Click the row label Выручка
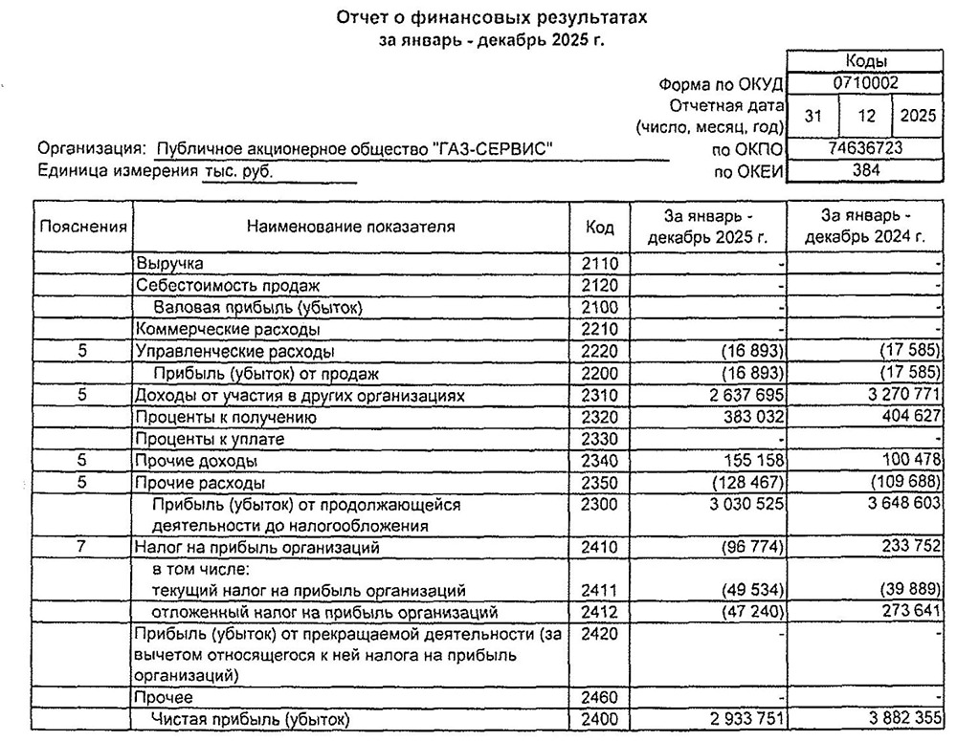pos(169,262)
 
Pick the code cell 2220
pos(600,352)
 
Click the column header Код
pos(600,227)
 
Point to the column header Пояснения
pos(83,227)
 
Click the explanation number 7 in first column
pos(83,548)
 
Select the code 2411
pos(600,590)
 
